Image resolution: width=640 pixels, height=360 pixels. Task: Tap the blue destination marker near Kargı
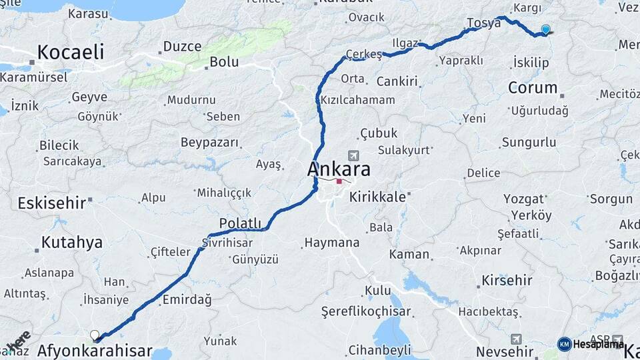[x=546, y=29]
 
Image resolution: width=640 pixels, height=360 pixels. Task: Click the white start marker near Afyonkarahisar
[x=95, y=335]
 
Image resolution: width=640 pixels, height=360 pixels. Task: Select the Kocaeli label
[x=71, y=52]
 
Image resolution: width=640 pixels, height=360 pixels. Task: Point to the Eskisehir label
[x=52, y=203]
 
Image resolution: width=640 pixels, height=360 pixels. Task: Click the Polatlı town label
[x=240, y=223]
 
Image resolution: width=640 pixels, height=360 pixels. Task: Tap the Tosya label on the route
[x=483, y=23]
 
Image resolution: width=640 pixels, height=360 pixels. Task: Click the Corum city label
[x=533, y=87]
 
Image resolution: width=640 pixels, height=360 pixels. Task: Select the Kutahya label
[x=72, y=242]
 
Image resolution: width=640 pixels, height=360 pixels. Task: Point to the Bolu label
[x=224, y=62]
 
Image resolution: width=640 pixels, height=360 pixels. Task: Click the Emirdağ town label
[x=187, y=300]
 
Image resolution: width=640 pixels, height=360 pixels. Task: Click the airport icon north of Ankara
[x=353, y=155]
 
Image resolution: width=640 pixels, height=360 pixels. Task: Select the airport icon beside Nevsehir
[x=515, y=339]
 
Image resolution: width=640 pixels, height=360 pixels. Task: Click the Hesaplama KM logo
[x=565, y=344]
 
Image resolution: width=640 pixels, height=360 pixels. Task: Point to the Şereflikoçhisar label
[x=365, y=311]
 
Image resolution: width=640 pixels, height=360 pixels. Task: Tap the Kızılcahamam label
[x=358, y=100]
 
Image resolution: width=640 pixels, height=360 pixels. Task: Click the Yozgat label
[x=523, y=199]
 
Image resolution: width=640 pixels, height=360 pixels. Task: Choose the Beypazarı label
[x=210, y=143]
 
